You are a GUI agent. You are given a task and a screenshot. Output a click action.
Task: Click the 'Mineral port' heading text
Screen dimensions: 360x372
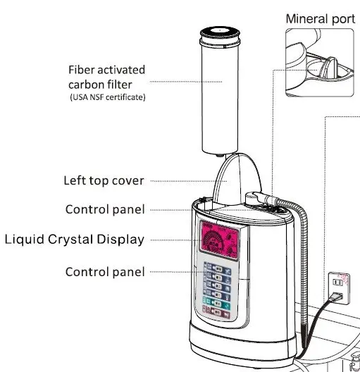pos(321,19)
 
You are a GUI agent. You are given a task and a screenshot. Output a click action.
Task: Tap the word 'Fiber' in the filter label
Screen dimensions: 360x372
pos(81,70)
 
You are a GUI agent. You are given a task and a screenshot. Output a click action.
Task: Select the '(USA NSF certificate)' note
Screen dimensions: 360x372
pos(107,97)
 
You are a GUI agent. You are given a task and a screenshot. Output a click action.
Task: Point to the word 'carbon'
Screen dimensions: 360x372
pos(85,85)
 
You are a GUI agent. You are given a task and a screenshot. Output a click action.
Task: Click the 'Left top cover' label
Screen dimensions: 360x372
pos(104,181)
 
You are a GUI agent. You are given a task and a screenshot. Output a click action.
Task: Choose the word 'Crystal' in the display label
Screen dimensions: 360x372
pos(70,240)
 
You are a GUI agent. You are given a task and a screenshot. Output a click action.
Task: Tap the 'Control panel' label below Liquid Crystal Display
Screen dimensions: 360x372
pos(105,272)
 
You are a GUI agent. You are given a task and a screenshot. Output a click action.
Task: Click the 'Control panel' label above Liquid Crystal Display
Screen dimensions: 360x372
pos(105,209)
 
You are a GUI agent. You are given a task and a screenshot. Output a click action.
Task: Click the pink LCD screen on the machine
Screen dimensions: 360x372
pos(219,240)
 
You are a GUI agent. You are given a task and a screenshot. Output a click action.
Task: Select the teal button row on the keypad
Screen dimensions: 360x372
pos(216,303)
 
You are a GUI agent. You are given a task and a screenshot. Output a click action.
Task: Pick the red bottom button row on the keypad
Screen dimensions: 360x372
pos(216,312)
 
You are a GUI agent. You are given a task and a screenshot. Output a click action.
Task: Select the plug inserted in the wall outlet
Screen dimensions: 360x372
pos(337,297)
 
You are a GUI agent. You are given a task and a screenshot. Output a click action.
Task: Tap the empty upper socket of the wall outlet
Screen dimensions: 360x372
pos(337,283)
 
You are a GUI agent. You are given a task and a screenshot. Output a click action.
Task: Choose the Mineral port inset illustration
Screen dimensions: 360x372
pos(320,63)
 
